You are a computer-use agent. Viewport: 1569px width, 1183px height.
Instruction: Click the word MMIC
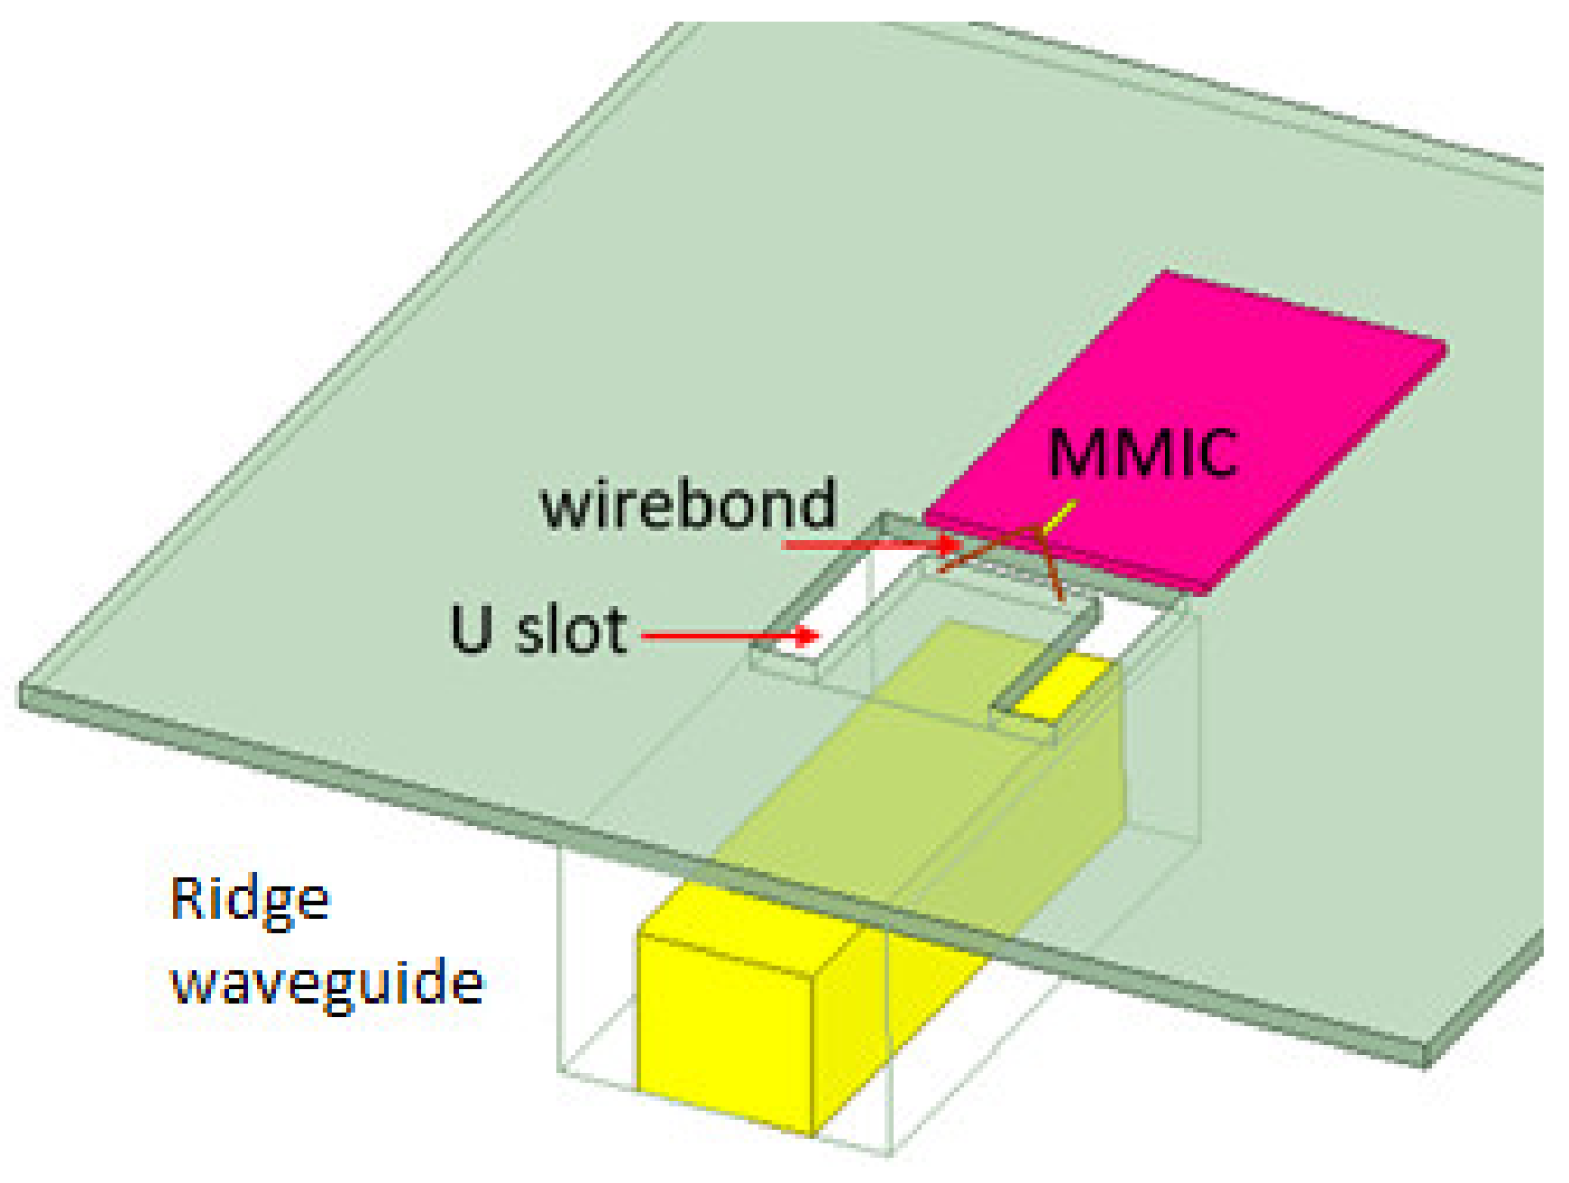(1142, 453)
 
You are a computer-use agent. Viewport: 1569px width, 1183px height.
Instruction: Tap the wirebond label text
(688, 504)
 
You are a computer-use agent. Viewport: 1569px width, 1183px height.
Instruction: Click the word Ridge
(250, 900)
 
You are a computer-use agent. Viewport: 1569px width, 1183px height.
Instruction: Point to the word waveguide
(327, 982)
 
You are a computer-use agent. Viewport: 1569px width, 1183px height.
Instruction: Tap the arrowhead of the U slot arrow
(811, 637)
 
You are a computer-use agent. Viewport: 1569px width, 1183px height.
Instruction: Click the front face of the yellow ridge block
(726, 1032)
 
